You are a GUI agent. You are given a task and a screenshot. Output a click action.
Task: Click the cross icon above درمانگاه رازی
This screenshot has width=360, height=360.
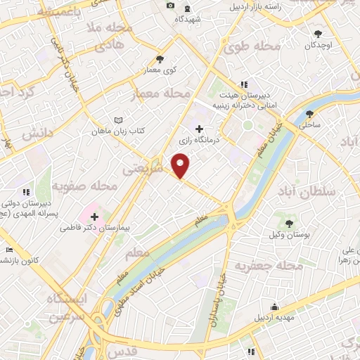click(x=200, y=129)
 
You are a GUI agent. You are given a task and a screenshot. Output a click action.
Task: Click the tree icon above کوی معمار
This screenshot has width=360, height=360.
click(x=160, y=58)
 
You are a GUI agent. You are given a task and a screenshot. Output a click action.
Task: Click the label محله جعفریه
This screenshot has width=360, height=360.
click(x=268, y=266)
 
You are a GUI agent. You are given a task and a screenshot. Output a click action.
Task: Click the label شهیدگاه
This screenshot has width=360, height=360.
click(x=189, y=19)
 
